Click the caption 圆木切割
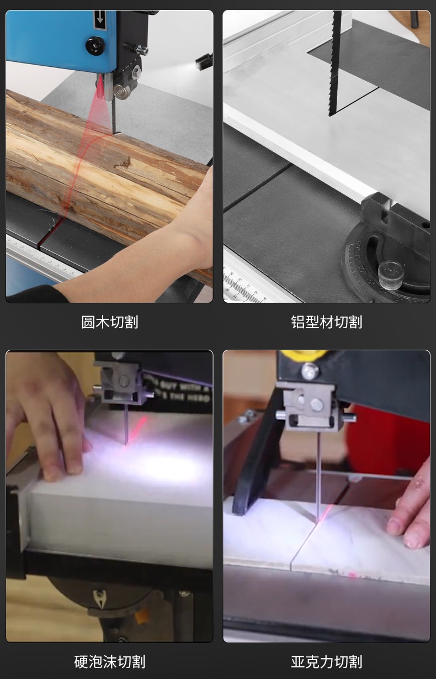click(x=110, y=322)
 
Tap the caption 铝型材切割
click(x=326, y=322)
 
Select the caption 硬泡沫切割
click(x=110, y=661)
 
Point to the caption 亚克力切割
click(x=326, y=661)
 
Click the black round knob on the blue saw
click(x=95, y=45)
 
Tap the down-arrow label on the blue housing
click(x=99, y=20)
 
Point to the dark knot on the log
click(x=123, y=163)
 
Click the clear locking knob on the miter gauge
click(x=391, y=275)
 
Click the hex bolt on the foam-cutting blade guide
click(x=124, y=381)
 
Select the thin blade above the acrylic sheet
click(x=318, y=475)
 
